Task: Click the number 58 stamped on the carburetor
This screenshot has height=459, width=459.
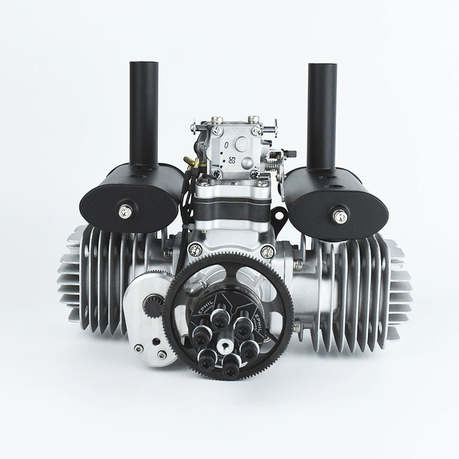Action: [231, 158]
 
